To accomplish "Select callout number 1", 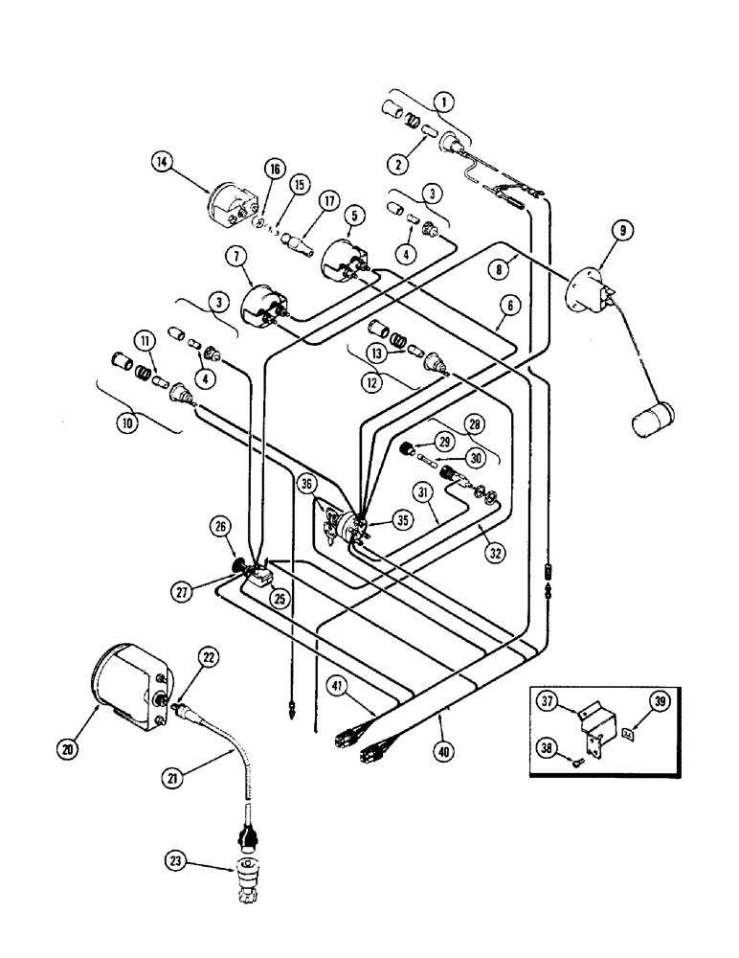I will (x=441, y=100).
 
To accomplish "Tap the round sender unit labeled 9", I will (x=586, y=287).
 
